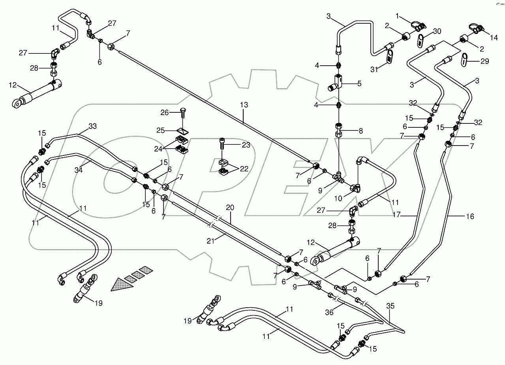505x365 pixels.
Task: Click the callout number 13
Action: [x=244, y=106]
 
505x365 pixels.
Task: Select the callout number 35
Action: [x=390, y=306]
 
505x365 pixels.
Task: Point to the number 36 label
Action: [x=329, y=312]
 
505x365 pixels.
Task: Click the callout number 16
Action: [x=469, y=216]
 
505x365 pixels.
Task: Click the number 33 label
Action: [x=92, y=127]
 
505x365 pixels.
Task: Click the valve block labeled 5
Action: [x=334, y=83]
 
